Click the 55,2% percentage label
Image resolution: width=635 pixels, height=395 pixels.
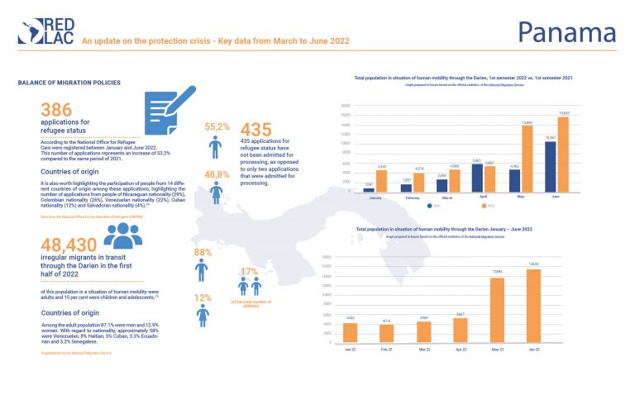(x=216, y=126)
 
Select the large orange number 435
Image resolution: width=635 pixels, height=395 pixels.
(x=257, y=130)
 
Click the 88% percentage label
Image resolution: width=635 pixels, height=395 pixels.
(x=201, y=252)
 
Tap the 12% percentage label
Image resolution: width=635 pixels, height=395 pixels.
(x=201, y=297)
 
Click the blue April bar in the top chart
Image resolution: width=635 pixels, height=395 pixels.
(x=477, y=178)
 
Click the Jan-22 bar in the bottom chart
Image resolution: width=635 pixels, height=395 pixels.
(x=350, y=332)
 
